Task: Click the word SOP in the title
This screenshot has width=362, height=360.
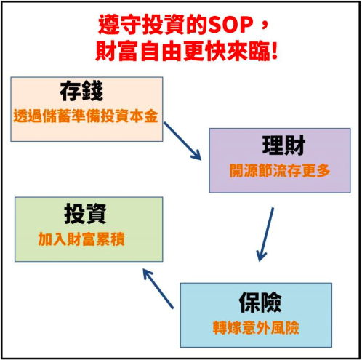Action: tap(231, 25)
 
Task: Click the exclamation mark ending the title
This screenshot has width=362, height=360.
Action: tap(275, 51)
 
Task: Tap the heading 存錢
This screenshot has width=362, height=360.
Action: tap(81, 92)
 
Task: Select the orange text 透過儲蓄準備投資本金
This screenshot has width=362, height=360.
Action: tap(86, 116)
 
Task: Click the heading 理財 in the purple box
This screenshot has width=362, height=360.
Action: tap(283, 145)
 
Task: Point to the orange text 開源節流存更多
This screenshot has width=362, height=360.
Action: tap(280, 171)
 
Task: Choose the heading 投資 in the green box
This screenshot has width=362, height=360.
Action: tap(85, 214)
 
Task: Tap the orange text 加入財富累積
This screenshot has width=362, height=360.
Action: tap(81, 239)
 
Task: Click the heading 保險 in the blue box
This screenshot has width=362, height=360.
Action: tap(260, 303)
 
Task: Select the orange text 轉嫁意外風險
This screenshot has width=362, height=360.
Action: tap(256, 328)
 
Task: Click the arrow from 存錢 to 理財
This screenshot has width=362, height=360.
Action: tap(182, 141)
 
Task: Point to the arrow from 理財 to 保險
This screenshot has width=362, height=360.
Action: tap(265, 234)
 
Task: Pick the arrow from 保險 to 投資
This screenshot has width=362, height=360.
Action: tap(158, 289)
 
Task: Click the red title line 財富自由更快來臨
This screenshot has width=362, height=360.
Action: tap(187, 51)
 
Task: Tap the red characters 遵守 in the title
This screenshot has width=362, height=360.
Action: tap(120, 25)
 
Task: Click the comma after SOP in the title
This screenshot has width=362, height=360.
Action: tap(264, 28)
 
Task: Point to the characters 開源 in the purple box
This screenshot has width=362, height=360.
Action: tap(244, 171)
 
